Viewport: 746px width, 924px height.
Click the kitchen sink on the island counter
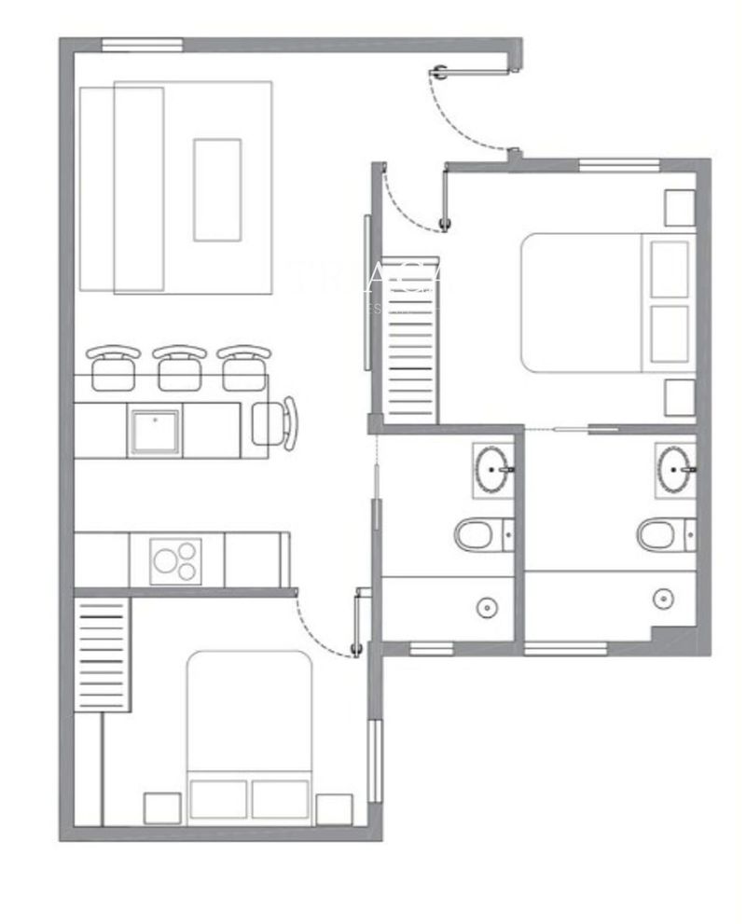tap(155, 431)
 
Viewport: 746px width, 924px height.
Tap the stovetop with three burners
tap(176, 560)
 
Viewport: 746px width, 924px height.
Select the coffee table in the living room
tap(217, 189)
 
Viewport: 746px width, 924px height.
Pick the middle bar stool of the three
tap(179, 367)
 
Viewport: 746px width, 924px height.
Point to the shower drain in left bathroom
tap(487, 608)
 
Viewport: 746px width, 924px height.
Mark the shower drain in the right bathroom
tap(663, 598)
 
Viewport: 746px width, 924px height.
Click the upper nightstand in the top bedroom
tap(680, 208)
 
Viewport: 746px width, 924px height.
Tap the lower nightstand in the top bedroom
tap(680, 398)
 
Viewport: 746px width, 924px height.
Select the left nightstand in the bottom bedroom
tap(161, 807)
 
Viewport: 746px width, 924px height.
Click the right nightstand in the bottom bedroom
tap(333, 808)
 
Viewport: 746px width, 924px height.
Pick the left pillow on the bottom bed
tap(218, 799)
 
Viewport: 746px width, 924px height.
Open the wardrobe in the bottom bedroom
tap(100, 654)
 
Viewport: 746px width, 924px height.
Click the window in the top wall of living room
tap(141, 45)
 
